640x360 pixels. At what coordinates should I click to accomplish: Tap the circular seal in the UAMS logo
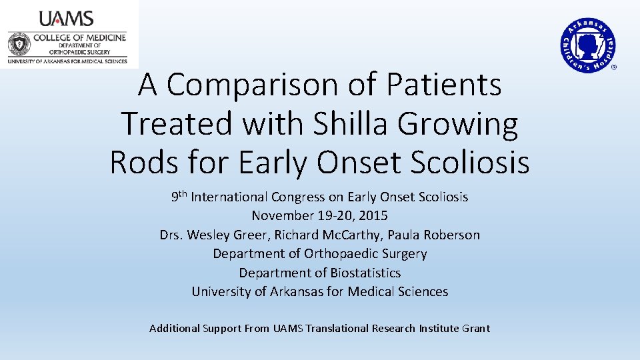[x=19, y=45]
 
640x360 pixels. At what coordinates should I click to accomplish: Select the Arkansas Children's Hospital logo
[x=587, y=44]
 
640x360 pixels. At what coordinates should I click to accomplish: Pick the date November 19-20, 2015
[x=319, y=216]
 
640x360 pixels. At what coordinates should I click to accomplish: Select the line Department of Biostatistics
[x=320, y=273]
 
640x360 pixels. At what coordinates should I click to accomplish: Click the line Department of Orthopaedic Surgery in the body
[x=320, y=254]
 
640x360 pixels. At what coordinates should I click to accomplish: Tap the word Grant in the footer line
[x=475, y=328]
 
